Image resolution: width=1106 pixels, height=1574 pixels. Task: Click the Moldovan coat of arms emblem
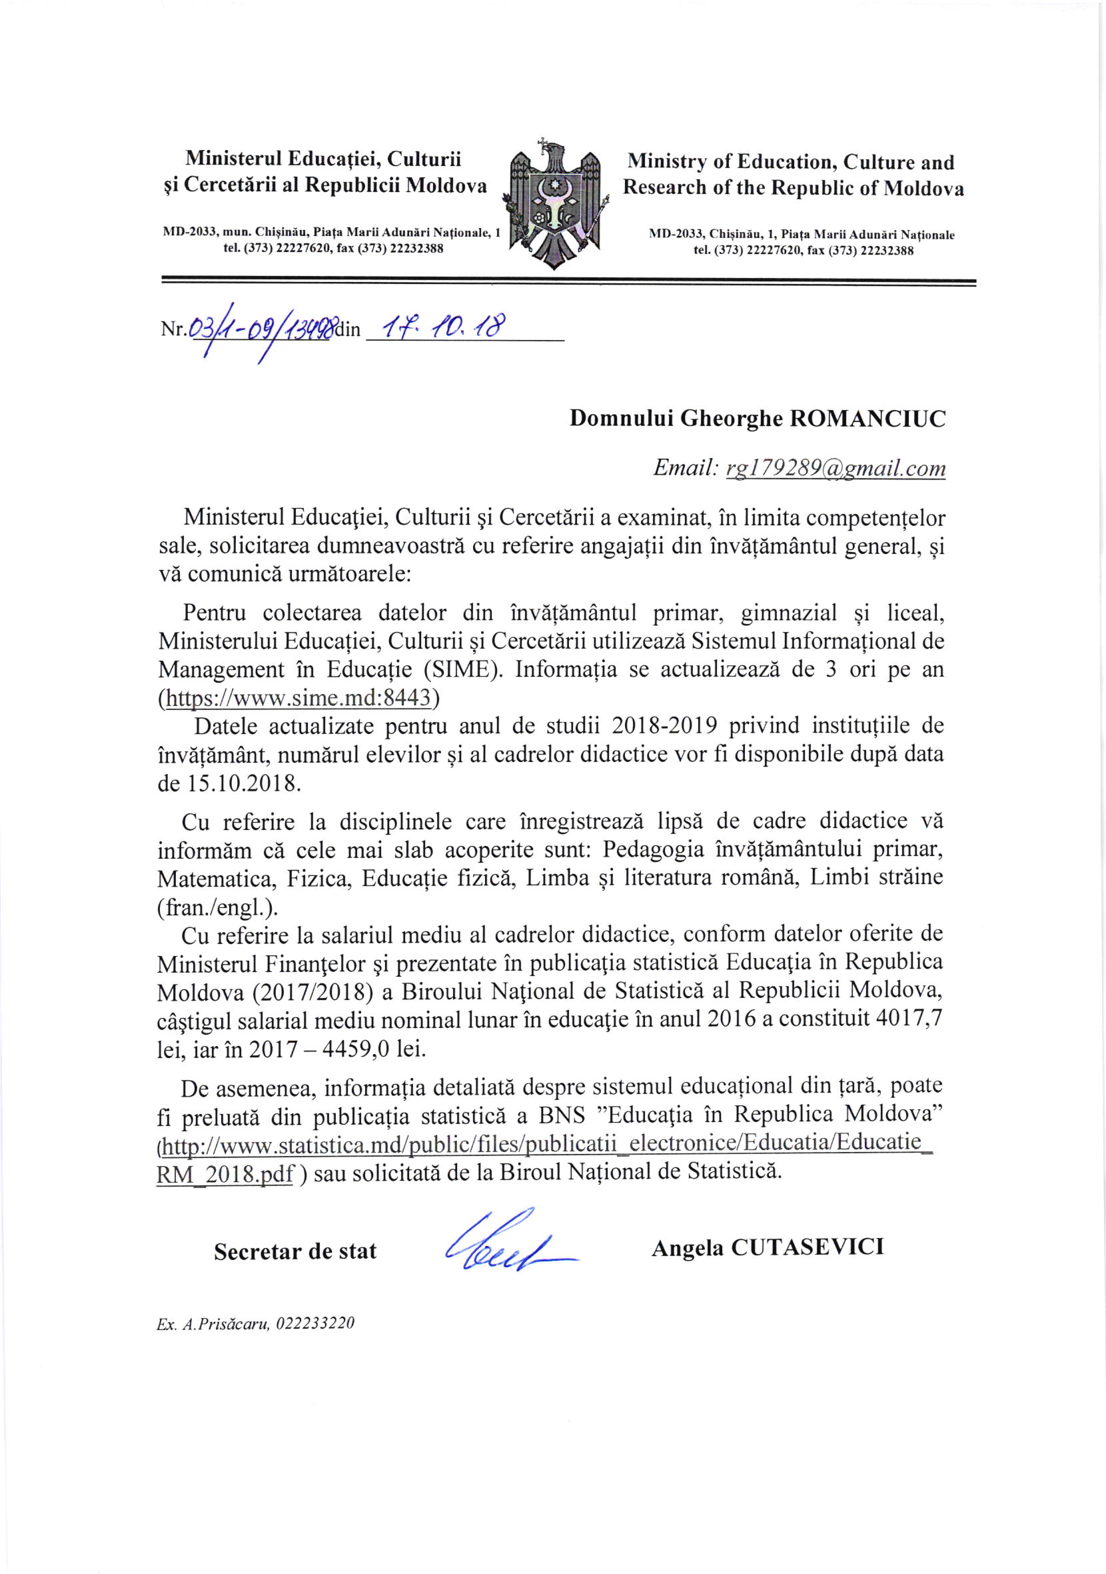point(556,205)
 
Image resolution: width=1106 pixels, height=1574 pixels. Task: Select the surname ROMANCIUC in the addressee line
point(867,419)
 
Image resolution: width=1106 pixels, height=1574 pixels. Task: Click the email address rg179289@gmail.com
point(835,469)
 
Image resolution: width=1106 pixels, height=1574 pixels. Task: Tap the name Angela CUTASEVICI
point(768,1247)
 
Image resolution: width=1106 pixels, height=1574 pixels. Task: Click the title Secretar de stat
point(295,1252)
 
